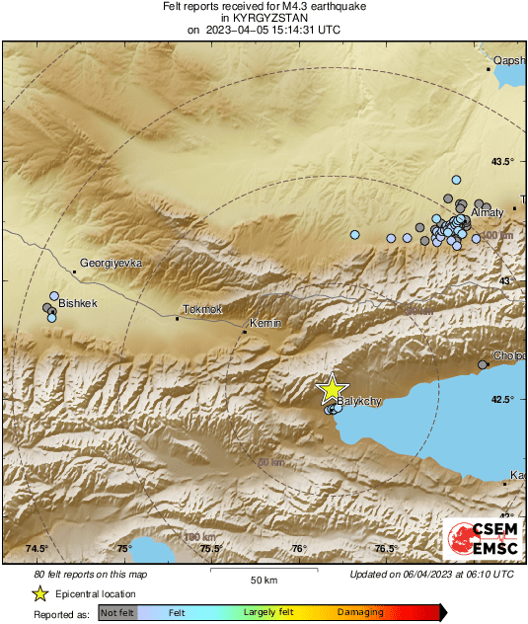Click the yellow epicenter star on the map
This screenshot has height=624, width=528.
333,388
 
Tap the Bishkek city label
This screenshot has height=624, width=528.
78,304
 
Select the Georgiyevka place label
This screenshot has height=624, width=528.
112,264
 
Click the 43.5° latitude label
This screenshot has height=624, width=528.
503,162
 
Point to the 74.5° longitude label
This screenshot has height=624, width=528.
37,549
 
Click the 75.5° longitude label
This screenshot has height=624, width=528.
209,549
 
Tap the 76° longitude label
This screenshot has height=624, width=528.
299,549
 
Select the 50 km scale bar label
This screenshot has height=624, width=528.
262,579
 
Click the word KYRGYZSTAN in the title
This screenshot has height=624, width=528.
264,18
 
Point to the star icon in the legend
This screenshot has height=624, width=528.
39,593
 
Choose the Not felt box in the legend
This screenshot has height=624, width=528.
118,613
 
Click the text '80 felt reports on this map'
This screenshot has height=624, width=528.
91,574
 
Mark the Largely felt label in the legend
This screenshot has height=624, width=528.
270,613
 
